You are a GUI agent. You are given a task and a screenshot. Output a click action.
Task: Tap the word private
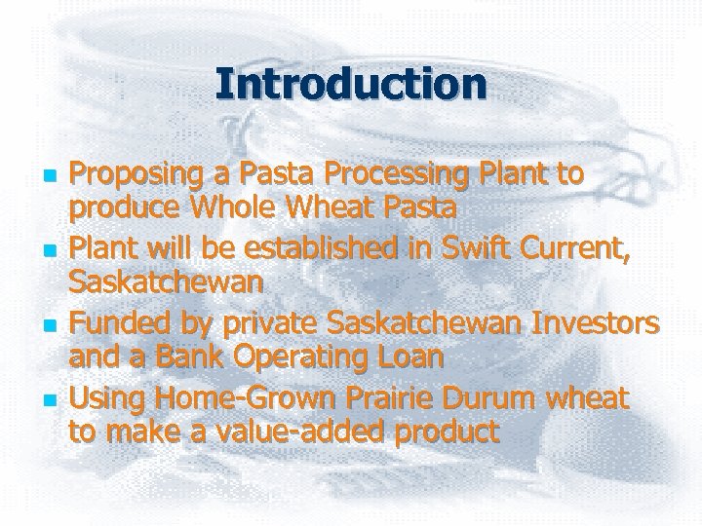[243, 324]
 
